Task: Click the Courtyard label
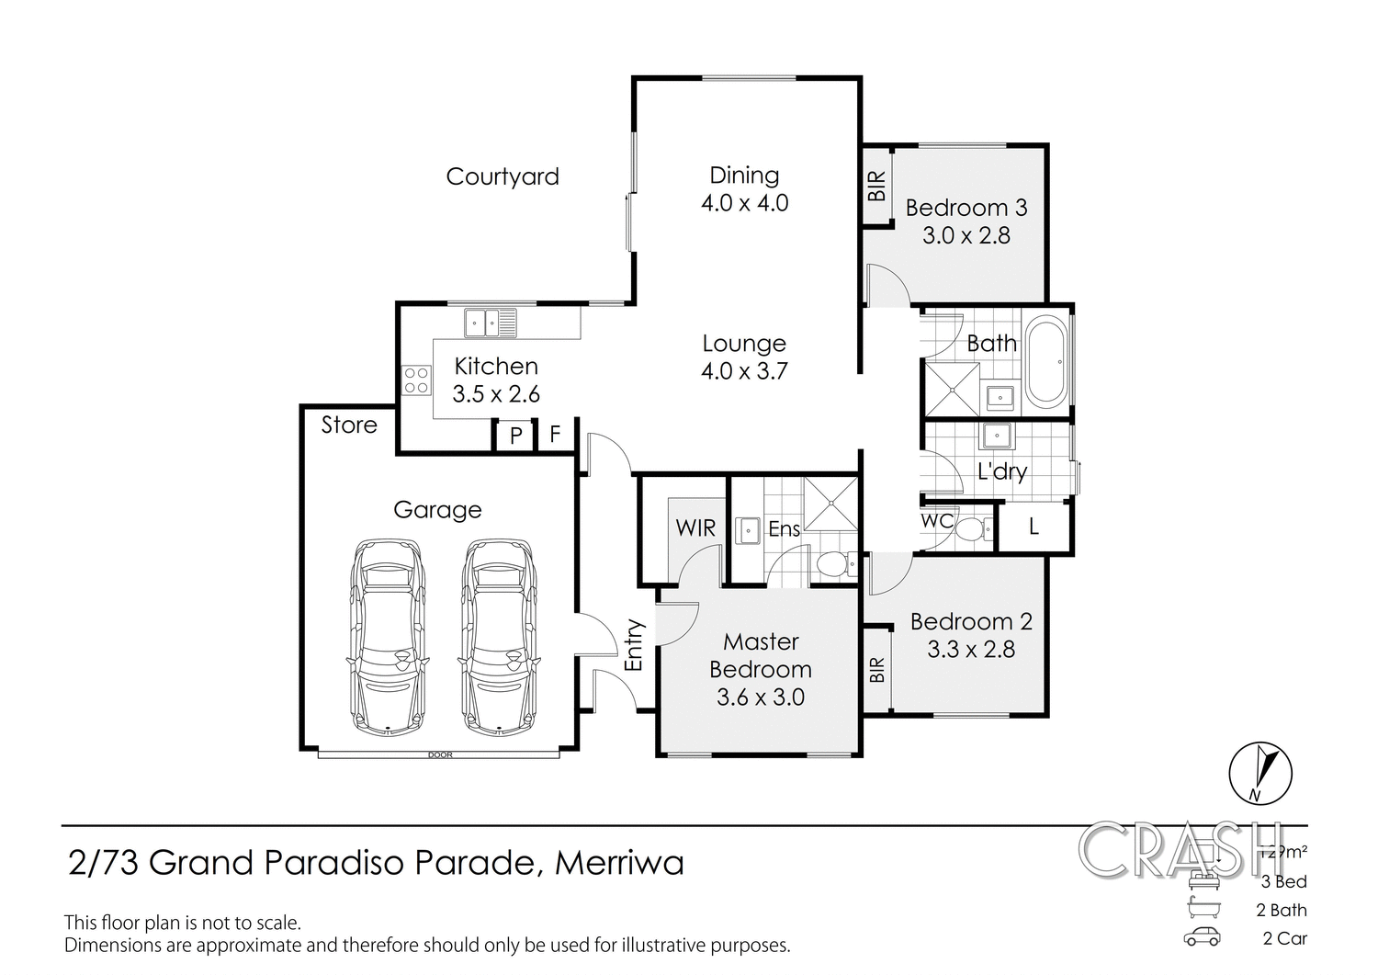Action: point(502,176)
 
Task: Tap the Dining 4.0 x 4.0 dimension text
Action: point(744,203)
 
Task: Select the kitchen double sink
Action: point(491,323)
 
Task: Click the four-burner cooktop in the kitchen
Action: point(416,380)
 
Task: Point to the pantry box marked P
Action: point(515,435)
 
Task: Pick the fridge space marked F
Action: point(555,434)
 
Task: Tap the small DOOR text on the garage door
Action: point(440,755)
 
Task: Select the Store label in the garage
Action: point(349,425)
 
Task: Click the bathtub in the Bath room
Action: point(1045,362)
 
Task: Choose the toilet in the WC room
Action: point(972,529)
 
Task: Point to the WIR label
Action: point(695,527)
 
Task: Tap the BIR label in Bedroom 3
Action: point(877,187)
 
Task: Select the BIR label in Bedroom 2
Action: point(877,669)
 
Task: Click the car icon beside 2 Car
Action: point(1202,937)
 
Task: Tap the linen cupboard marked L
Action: point(1033,527)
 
